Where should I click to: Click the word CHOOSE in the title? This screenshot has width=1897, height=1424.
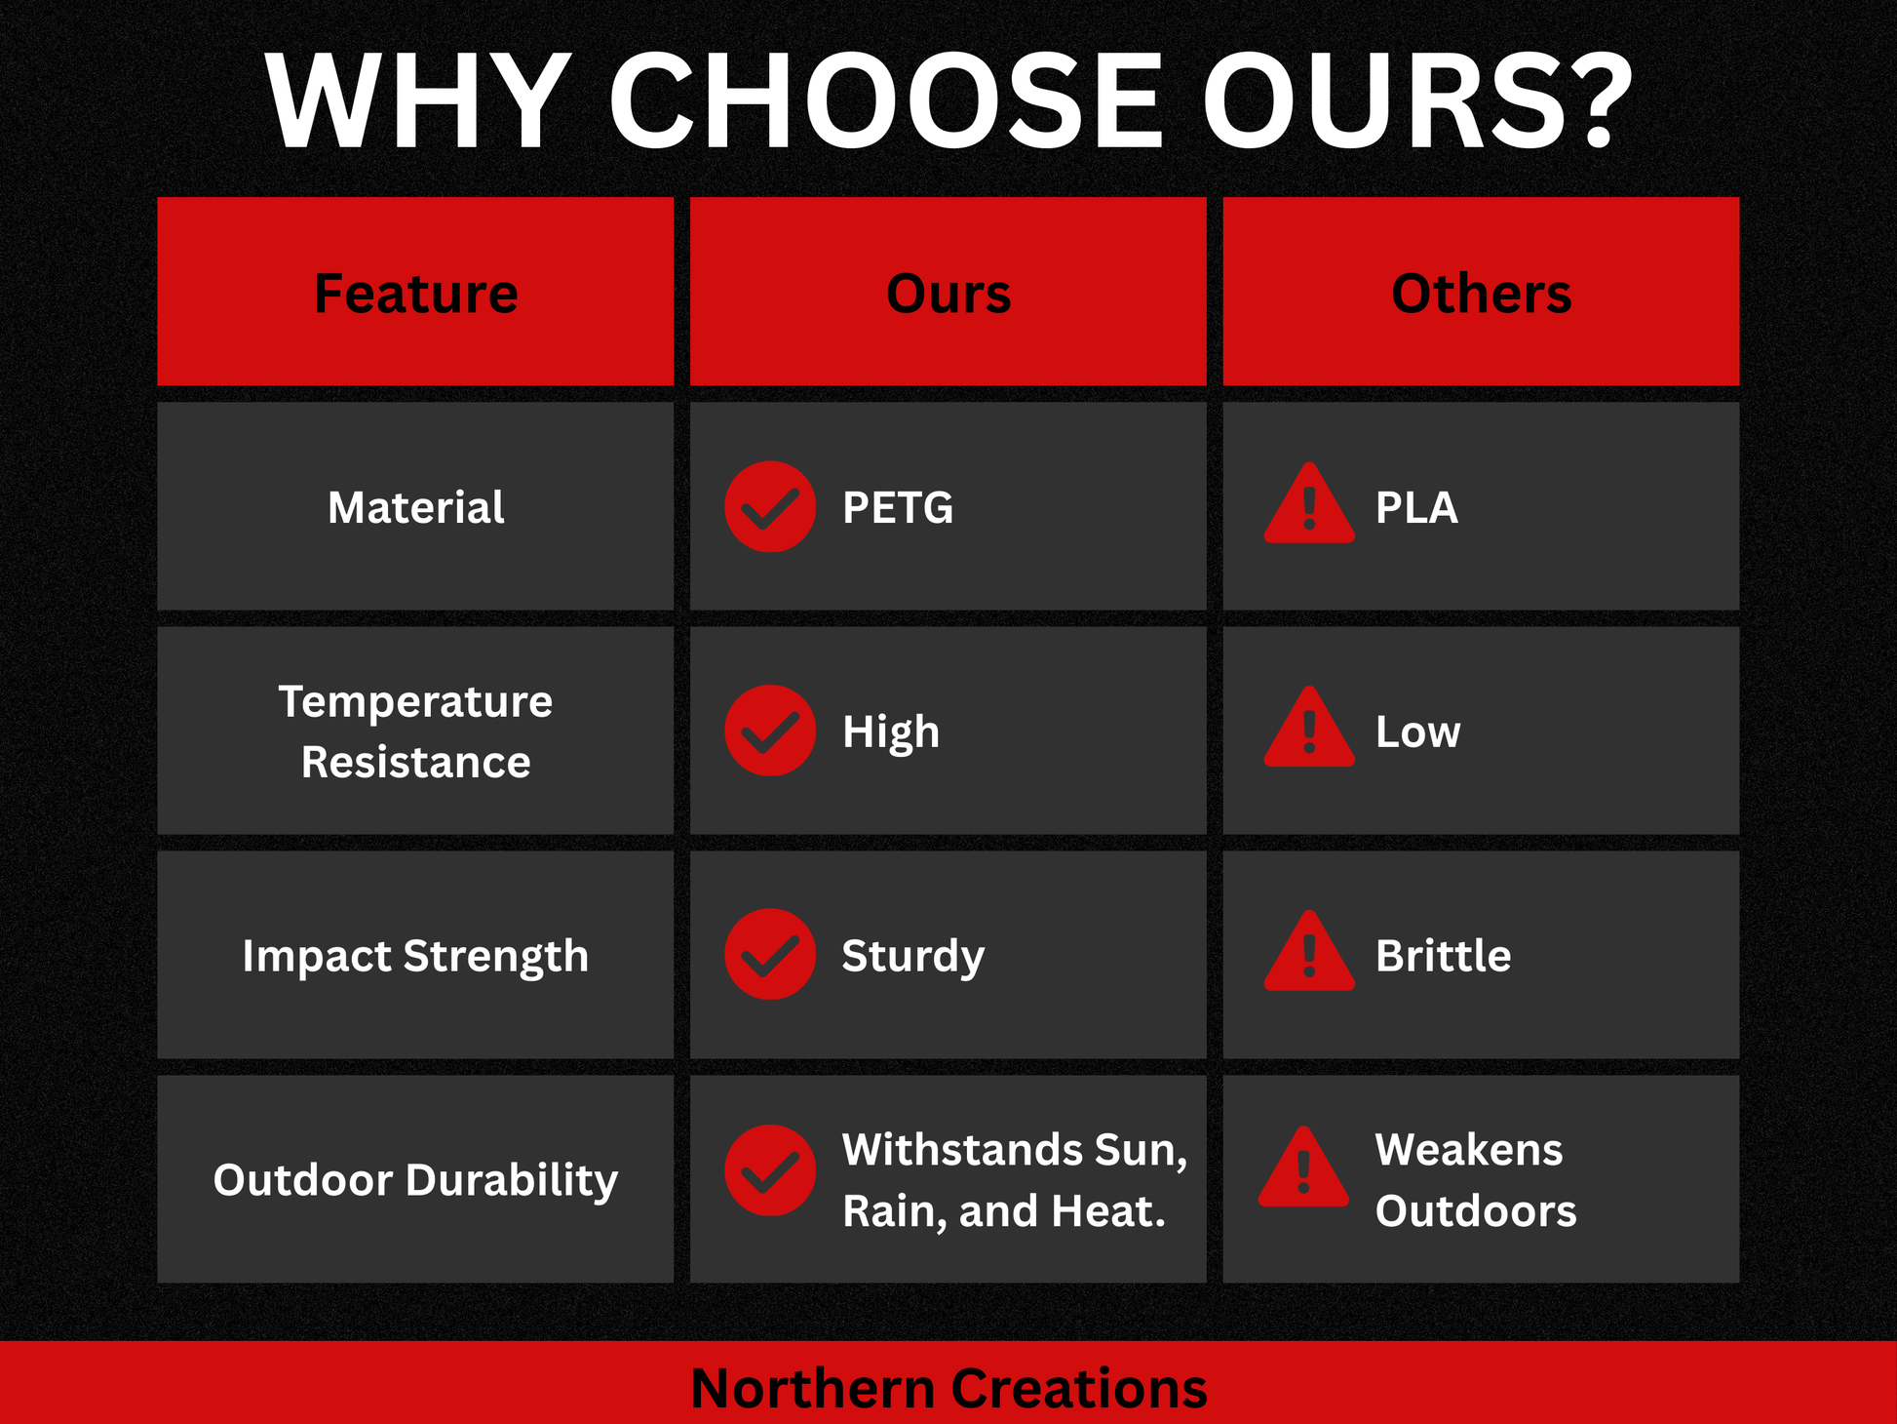[886, 101]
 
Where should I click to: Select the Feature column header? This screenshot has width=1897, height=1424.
[415, 294]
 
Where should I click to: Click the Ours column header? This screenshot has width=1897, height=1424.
[948, 294]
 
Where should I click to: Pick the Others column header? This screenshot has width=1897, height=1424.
[1481, 294]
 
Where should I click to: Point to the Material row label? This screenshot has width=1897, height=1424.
[415, 507]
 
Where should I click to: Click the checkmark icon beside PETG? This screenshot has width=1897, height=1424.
[770, 506]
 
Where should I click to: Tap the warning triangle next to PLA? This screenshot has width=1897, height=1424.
[1309, 503]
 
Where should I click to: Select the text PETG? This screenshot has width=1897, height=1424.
[898, 507]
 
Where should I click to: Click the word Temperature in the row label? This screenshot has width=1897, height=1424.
[415, 701]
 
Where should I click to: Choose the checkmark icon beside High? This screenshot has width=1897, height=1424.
[770, 731]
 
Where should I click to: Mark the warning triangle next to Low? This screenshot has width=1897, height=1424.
[1309, 727]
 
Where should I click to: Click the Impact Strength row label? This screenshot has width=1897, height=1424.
[415, 956]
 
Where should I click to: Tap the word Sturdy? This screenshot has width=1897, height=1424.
[913, 956]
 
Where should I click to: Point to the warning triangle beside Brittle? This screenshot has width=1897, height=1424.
[1309, 951]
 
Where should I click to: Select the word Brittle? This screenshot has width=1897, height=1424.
[1444, 955]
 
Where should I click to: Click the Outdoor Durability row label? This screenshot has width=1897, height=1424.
[415, 1180]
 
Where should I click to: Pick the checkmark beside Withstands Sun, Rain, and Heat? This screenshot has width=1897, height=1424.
[770, 1170]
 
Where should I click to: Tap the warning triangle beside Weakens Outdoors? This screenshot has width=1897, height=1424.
[1303, 1167]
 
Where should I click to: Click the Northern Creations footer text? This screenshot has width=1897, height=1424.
[948, 1388]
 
